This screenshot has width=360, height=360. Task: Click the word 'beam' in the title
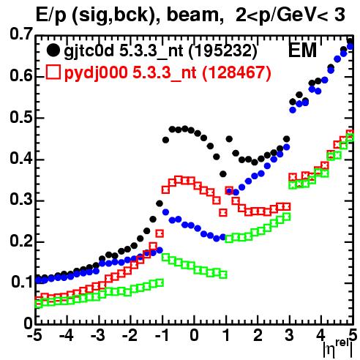[192, 15]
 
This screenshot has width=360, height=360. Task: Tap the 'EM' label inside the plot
[302, 50]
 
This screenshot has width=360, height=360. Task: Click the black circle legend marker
[53, 50]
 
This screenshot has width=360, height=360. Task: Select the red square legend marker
[53, 72]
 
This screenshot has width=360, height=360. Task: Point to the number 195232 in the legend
[223, 50]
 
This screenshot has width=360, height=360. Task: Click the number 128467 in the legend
[236, 72]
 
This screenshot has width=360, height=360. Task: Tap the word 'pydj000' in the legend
[96, 73]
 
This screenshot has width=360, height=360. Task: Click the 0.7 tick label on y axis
[21, 34]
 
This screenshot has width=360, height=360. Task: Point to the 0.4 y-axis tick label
[21, 159]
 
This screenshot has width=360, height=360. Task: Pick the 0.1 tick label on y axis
[22, 282]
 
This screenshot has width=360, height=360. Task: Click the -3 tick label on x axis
[98, 335]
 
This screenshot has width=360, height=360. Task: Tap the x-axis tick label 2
[258, 335]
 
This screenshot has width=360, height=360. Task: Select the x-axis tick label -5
[34, 335]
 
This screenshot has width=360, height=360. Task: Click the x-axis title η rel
[338, 349]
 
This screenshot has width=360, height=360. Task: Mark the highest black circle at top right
[350, 42]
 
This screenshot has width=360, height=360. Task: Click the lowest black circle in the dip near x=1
[223, 174]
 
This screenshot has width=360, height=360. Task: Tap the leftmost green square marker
[38, 304]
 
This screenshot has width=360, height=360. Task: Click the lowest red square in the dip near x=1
[223, 212]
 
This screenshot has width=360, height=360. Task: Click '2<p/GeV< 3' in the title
[290, 15]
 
